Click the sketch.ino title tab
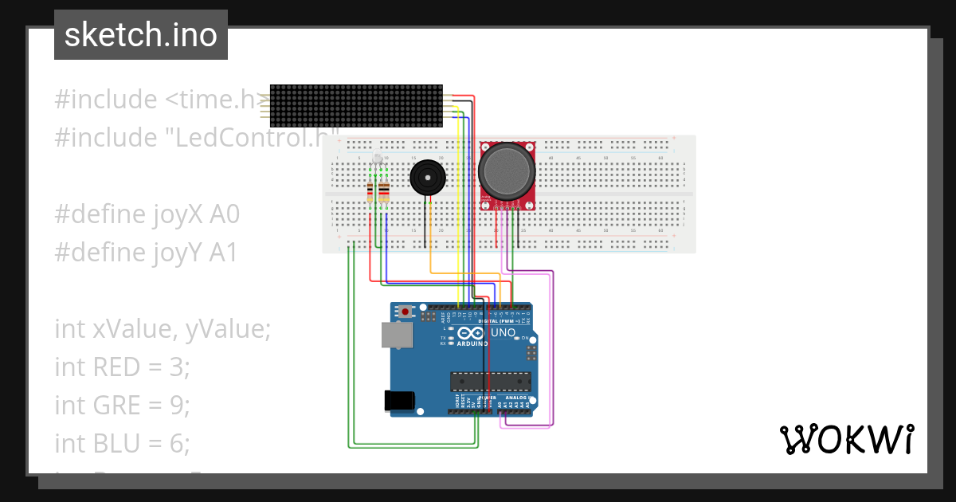coord(141,35)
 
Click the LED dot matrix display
coord(356,106)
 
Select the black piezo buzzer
coord(427,177)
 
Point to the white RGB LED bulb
coord(378,159)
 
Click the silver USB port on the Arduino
coord(397,335)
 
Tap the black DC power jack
coord(400,400)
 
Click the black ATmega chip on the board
coord(490,382)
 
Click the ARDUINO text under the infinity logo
coord(471,343)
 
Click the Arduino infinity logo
coord(470,333)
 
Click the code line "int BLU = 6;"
coord(122,442)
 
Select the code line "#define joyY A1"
coord(146,253)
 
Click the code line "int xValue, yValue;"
coord(163,328)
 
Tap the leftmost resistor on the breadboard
coord(370,191)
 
